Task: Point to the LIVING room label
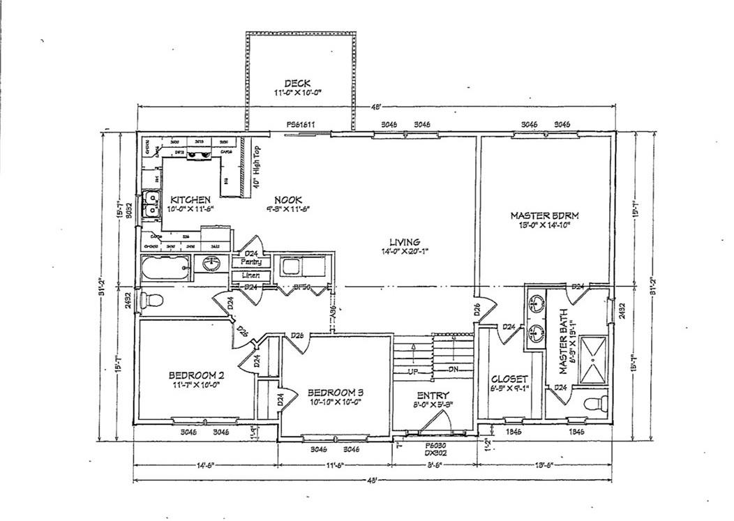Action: [x=404, y=242]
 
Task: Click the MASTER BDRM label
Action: [x=545, y=216]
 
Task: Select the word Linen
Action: [x=251, y=275]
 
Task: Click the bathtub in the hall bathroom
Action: [x=165, y=268]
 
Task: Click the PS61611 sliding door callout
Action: [x=301, y=125]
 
